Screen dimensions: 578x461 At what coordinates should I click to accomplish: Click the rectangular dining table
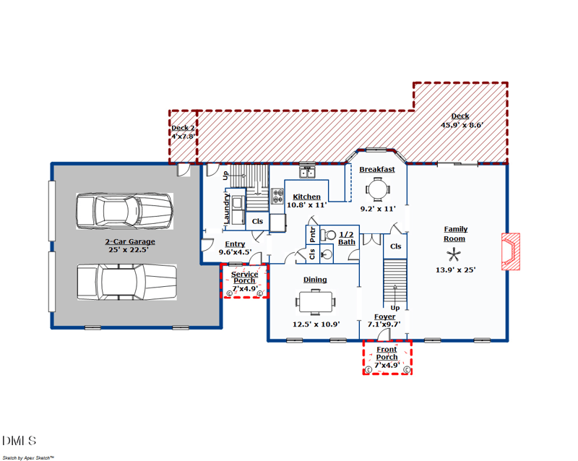[316, 302]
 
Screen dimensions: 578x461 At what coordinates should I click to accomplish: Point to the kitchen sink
[306, 172]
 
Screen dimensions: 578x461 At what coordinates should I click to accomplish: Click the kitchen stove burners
[277, 196]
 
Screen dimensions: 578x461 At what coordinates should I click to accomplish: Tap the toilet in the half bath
[328, 235]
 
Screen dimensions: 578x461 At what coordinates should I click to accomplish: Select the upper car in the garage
[124, 211]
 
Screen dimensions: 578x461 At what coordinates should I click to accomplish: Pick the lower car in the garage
[127, 282]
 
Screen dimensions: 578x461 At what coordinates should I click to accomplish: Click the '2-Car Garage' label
[130, 241]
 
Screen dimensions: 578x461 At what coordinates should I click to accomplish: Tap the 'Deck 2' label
[183, 128]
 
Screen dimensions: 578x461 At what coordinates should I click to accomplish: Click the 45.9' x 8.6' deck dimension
[462, 125]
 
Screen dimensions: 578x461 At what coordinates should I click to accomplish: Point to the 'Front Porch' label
[387, 353]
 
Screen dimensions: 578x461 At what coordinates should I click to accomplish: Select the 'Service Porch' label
[244, 277]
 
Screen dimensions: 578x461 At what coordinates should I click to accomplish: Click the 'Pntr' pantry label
[313, 235]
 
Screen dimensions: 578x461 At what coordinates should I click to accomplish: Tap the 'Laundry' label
[227, 208]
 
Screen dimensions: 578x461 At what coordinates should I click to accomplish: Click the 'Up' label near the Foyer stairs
[395, 308]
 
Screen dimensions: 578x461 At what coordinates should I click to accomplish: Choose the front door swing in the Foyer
[384, 334]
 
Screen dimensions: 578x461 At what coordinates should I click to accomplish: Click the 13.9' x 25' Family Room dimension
[456, 270]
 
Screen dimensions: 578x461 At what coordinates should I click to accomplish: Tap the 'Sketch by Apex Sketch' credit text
[28, 457]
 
